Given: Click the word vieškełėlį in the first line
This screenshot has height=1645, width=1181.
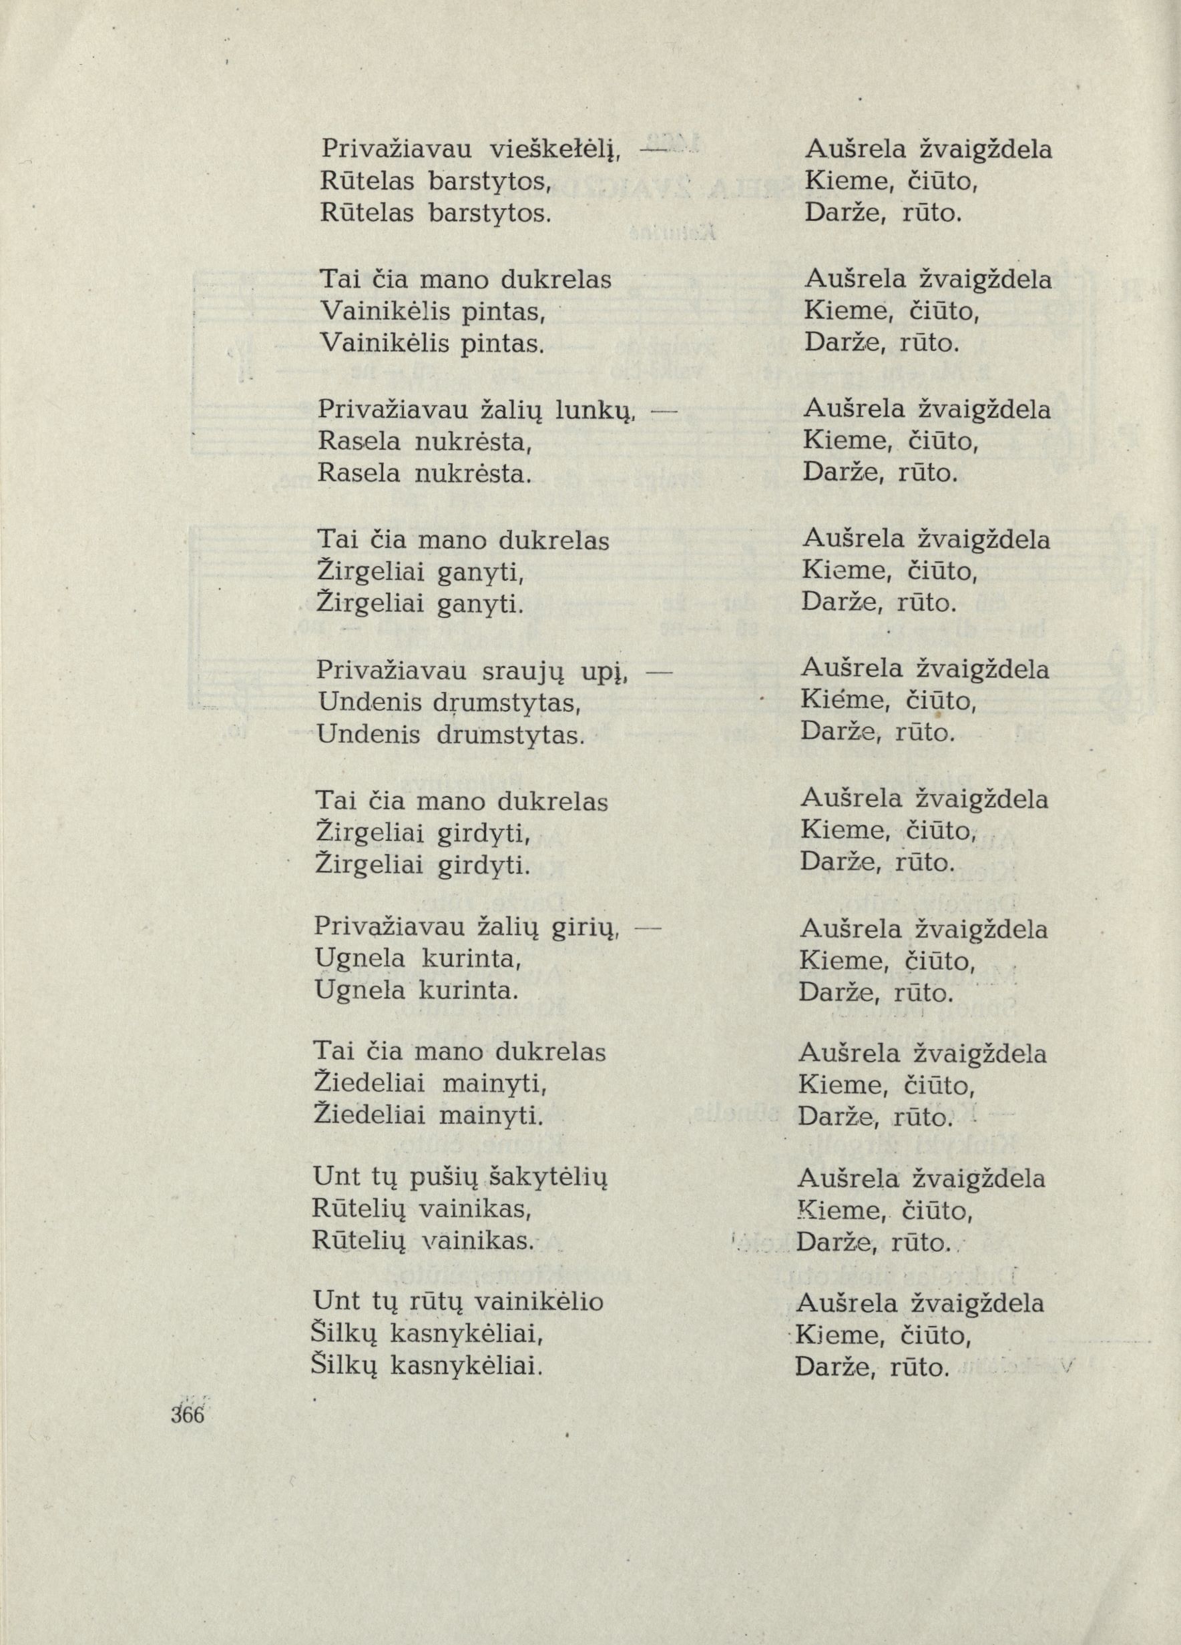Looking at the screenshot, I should click(553, 150).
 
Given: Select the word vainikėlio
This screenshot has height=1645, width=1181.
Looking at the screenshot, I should click(537, 1303).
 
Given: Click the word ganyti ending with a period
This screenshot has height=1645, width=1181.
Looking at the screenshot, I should click(481, 603).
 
